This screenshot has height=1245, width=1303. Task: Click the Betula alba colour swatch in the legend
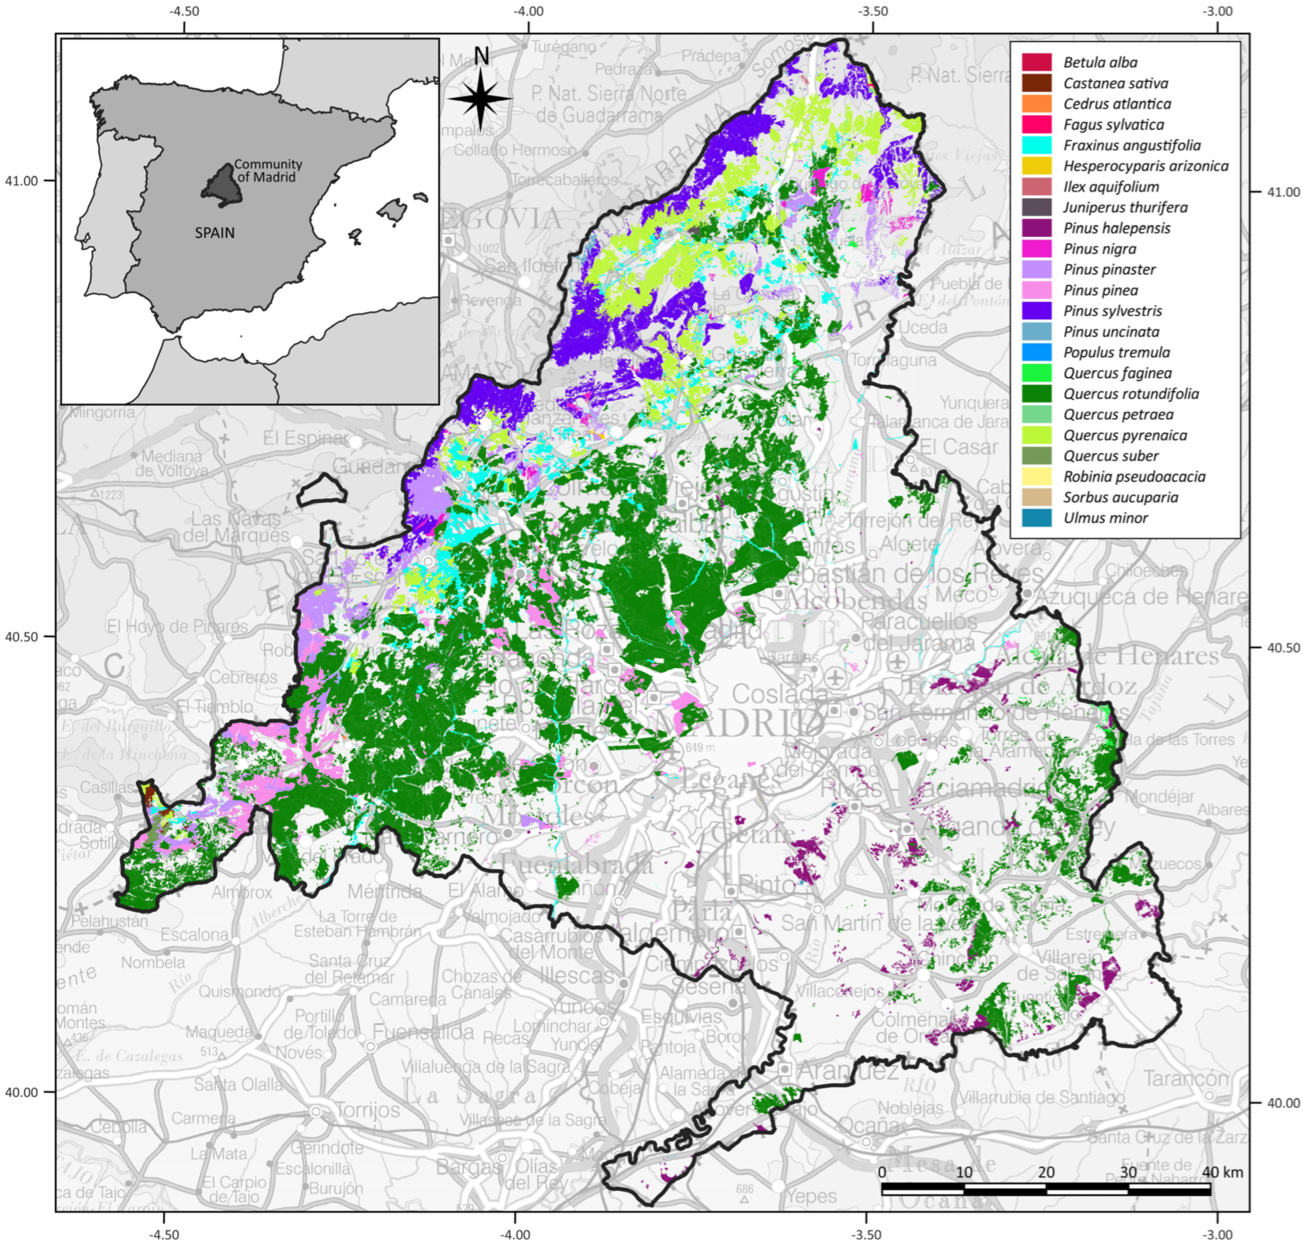[1036, 62]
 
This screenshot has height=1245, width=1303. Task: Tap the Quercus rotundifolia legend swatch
[1036, 394]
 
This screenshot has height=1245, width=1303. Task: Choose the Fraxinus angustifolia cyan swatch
[1036, 145]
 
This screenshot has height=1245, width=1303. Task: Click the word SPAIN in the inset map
[214, 233]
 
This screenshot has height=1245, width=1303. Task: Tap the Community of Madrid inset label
[267, 171]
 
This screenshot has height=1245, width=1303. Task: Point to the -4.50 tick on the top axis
[184, 11]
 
